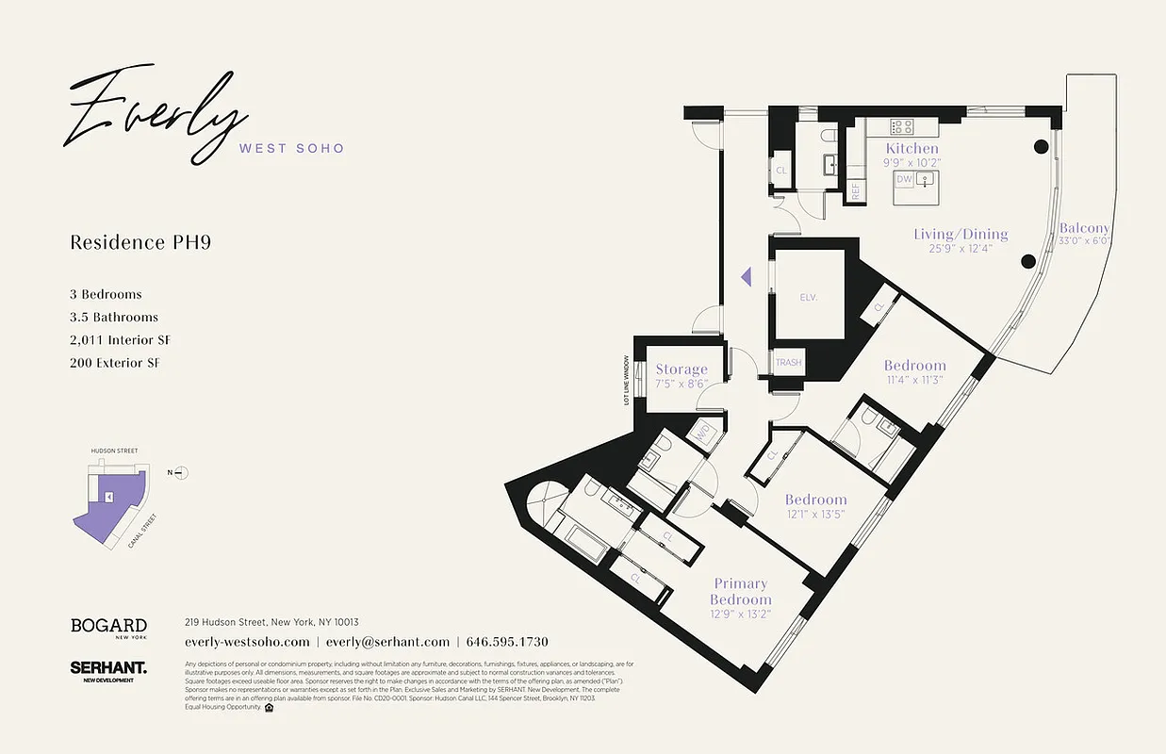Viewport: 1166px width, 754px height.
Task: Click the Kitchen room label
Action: coord(911,148)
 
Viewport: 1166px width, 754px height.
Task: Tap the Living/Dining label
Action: coord(960,234)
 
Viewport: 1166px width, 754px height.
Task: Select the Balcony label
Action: coord(1084,228)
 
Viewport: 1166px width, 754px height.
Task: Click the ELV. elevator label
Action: coord(808,297)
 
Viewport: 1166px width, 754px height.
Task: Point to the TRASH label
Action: coord(788,363)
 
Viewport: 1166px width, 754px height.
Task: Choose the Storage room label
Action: coord(681,369)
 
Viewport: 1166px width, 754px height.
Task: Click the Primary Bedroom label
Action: coord(740,591)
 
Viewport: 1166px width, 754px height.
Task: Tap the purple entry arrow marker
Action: coord(745,277)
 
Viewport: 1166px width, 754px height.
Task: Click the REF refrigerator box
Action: coord(855,189)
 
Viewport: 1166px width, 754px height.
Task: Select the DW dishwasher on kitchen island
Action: coord(904,179)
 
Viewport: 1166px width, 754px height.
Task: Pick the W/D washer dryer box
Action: coord(702,434)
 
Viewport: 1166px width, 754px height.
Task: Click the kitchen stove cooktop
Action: coord(902,125)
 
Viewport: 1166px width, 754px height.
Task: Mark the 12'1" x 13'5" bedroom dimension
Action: coord(815,516)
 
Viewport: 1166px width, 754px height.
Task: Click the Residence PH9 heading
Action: coord(140,242)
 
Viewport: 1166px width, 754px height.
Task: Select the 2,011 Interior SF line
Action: coord(121,340)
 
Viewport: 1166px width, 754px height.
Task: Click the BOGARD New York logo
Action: coord(108,628)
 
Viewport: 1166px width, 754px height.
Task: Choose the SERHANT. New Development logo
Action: coord(107,671)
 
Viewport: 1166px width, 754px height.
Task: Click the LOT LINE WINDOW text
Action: coord(625,380)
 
